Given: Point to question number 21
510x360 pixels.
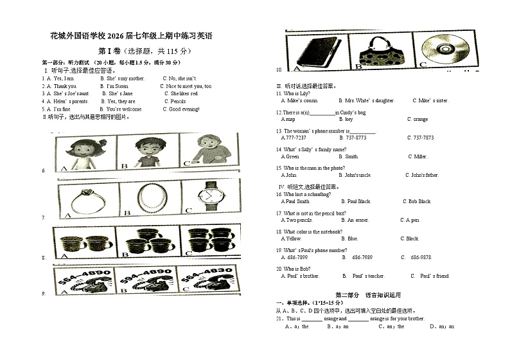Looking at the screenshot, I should [x=280, y=319].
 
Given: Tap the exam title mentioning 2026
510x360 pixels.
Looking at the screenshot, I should [x=130, y=35].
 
